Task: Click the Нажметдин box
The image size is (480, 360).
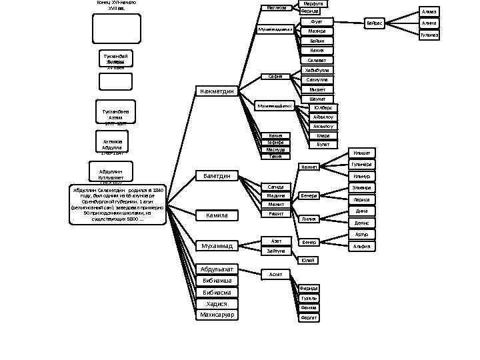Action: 217,91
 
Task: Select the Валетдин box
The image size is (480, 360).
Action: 217,176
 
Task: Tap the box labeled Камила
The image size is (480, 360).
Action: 217,215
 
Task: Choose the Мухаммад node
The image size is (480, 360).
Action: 217,246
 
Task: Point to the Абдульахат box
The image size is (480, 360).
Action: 217,269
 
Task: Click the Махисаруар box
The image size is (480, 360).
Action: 217,314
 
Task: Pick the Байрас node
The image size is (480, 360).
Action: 374,23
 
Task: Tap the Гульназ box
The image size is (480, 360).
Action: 429,35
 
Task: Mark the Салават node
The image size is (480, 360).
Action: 317,61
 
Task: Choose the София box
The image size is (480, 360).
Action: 275,76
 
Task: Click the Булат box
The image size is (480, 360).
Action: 323,144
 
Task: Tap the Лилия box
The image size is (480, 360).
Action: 309,219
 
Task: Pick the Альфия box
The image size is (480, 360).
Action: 362,246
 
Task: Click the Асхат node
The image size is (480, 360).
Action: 275,274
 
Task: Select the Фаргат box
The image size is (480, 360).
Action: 309,318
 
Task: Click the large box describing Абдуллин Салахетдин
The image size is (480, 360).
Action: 117,204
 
